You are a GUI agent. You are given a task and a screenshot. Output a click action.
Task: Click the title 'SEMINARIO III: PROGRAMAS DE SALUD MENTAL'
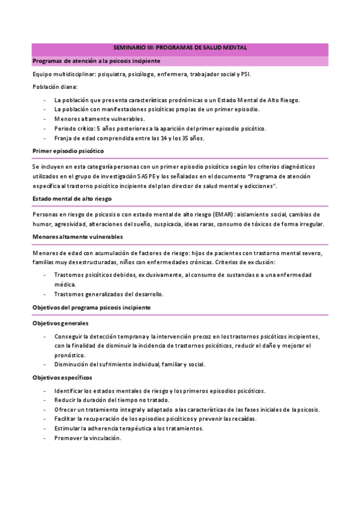click(180, 47)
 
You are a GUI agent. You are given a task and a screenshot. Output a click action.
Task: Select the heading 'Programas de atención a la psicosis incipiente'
click(96, 61)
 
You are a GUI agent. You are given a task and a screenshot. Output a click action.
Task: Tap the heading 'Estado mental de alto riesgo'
click(72, 198)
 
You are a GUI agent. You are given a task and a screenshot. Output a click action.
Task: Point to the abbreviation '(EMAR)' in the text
click(233, 214)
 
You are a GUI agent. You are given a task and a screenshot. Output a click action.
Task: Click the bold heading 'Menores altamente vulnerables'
click(77, 237)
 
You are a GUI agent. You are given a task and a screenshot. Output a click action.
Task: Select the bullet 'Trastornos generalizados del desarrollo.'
click(109, 294)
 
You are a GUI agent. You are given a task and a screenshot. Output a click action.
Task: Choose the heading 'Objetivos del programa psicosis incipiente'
click(91, 307)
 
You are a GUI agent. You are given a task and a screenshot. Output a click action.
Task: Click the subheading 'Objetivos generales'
click(60, 323)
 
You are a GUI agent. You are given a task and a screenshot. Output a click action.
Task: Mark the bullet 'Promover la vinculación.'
click(88, 438)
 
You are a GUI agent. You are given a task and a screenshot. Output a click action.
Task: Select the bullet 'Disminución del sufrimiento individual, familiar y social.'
click(129, 364)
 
